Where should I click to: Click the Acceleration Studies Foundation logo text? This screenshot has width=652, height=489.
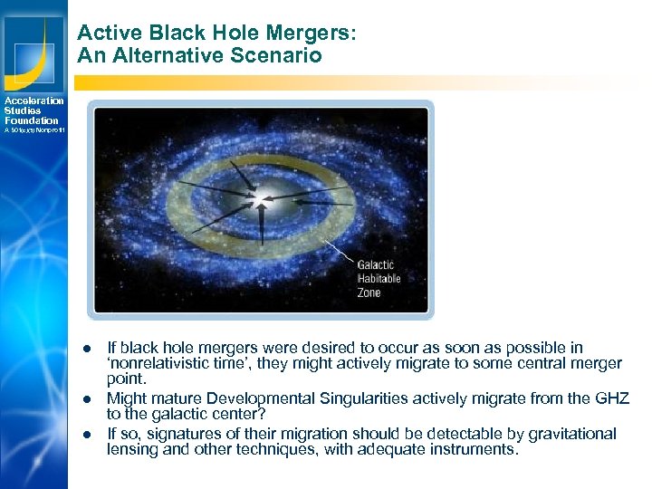[34, 110]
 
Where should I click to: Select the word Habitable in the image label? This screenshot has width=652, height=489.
[378, 280]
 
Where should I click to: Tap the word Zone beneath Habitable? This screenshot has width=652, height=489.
[369, 293]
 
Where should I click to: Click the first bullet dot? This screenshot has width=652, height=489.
[89, 349]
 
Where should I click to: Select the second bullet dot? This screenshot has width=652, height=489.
[89, 398]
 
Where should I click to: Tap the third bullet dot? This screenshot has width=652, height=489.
[89, 434]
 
